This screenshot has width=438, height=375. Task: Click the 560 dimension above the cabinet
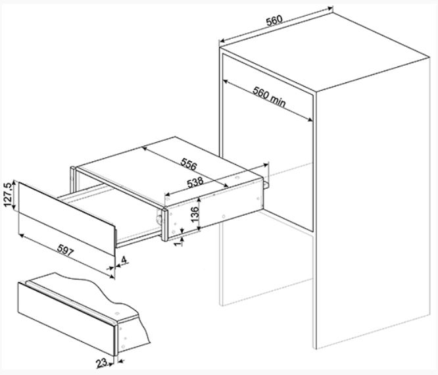pyautogui.click(x=274, y=19)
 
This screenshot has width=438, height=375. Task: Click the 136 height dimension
pyautogui.click(x=194, y=214)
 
